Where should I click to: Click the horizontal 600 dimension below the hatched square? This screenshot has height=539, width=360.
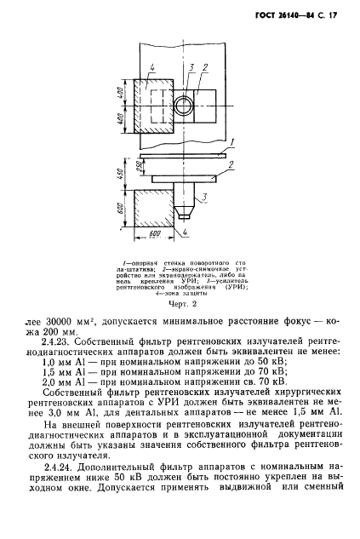pyautogui.click(x=155, y=232)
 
